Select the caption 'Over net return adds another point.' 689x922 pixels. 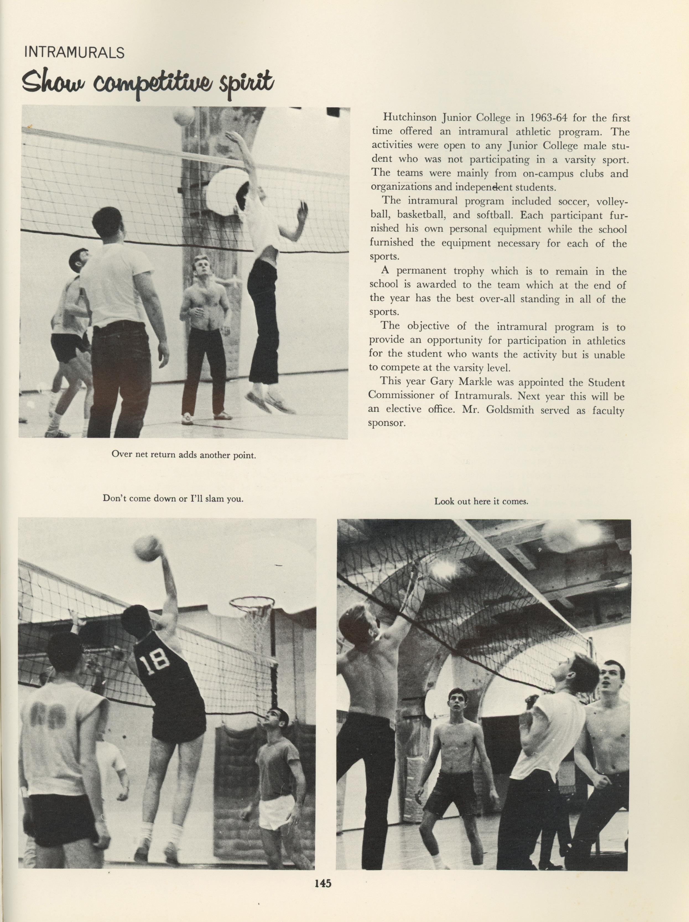click(183, 455)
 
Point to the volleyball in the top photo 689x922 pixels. click(183, 116)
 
